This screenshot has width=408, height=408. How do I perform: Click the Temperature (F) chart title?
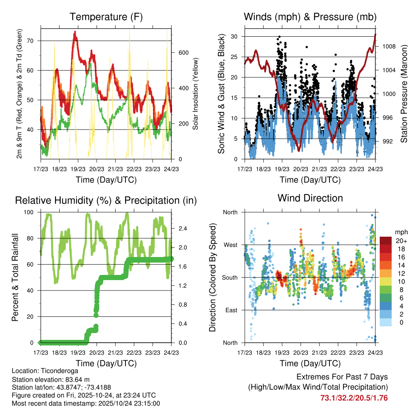pos(106,17)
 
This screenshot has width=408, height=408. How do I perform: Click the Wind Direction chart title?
pos(310,198)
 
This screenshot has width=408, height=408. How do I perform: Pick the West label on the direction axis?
pos(230,245)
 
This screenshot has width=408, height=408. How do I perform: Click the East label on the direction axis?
pos(231,310)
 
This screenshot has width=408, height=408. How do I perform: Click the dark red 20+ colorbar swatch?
pos(385,240)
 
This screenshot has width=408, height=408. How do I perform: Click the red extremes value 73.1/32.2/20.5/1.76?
pos(354,398)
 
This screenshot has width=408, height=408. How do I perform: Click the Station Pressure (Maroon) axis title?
pos(403,94)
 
